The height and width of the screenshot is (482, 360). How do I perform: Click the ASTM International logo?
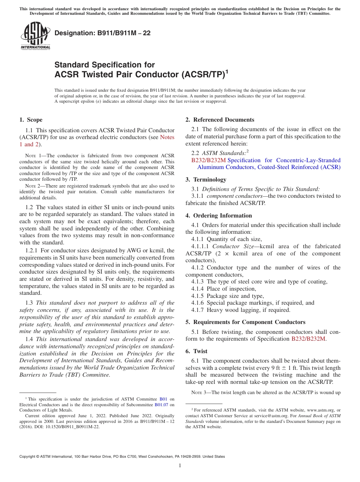point(35,36)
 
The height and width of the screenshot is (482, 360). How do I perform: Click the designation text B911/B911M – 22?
point(103,33)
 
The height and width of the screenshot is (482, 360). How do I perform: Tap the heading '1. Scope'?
point(31,120)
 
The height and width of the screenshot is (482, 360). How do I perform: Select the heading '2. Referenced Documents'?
point(220,120)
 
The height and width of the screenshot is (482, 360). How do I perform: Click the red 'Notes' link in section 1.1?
point(167,137)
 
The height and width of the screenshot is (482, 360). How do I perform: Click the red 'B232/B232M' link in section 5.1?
point(308,339)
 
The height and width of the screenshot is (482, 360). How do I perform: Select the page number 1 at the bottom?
point(180,466)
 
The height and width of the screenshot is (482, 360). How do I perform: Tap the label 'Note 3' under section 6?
point(200,392)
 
